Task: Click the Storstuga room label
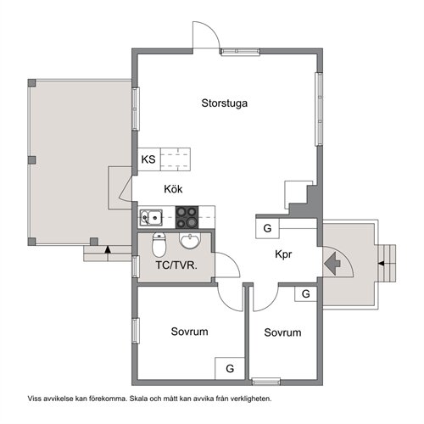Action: click(x=225, y=104)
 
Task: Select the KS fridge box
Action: click(x=148, y=159)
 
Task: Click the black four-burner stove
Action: click(x=187, y=217)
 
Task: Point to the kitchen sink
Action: click(x=152, y=217)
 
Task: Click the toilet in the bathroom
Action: click(x=159, y=246)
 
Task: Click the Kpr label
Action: click(x=284, y=254)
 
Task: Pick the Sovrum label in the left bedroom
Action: click(x=189, y=332)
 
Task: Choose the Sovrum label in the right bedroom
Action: click(x=282, y=333)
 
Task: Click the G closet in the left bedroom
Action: click(x=229, y=368)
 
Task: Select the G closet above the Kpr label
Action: click(x=267, y=229)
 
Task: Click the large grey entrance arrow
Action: click(x=337, y=263)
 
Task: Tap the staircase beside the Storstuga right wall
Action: click(x=298, y=198)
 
